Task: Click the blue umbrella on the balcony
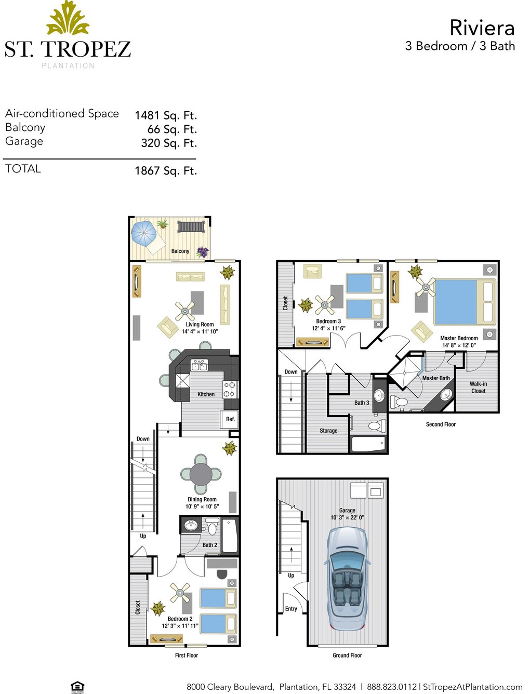[144, 234]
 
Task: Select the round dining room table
[201, 474]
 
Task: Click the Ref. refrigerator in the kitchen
[230, 420]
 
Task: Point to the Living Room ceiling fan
[185, 311]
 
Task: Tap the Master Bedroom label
[459, 338]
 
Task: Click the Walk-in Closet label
[478, 388]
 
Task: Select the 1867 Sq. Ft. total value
[166, 171]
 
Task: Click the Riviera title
[482, 28]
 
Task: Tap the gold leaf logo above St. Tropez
[68, 18]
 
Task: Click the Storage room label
[328, 431]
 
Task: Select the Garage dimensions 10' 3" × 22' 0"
[347, 517]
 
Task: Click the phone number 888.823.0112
[391, 684]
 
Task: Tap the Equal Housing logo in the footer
[77, 687]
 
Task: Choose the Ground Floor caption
[347, 656]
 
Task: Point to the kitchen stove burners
[230, 389]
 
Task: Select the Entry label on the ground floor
[291, 609]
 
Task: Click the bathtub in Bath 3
[368, 444]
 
